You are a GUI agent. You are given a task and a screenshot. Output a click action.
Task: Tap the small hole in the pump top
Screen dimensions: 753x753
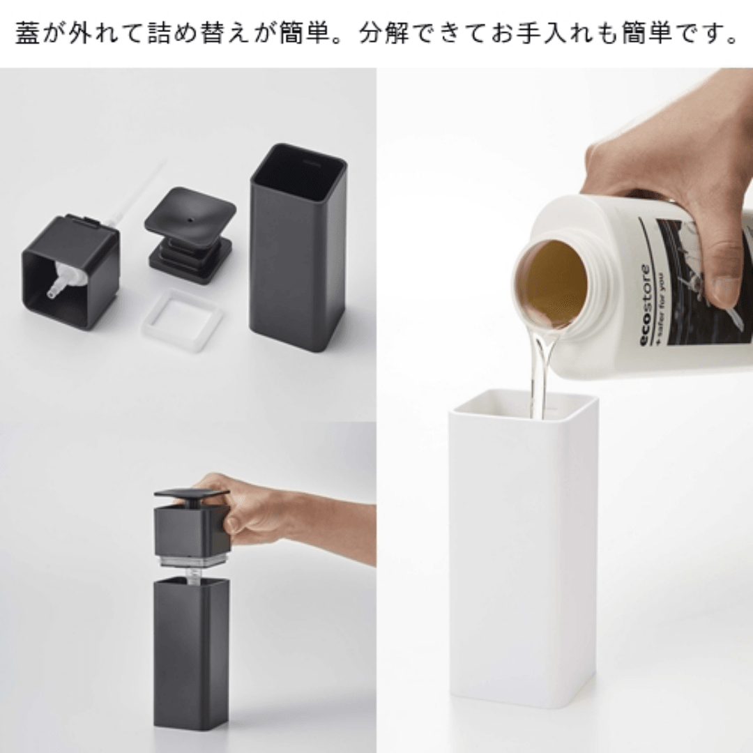pyautogui.click(x=190, y=220)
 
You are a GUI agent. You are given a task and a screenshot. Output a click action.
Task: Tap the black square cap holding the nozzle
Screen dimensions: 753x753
pyautogui.click(x=70, y=272)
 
